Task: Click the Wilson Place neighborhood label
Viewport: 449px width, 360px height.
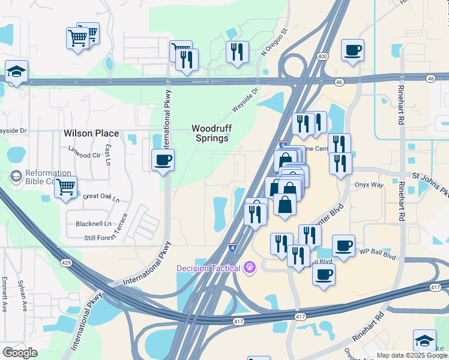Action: click(x=92, y=133)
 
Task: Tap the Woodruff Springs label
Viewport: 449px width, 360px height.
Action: click(x=210, y=133)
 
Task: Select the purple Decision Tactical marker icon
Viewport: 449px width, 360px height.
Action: click(x=250, y=268)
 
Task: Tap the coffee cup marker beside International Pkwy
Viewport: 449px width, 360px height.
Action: click(x=163, y=160)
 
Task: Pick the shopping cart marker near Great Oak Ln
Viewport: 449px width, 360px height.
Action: click(x=65, y=187)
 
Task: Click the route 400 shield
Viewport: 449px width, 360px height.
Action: click(x=323, y=56)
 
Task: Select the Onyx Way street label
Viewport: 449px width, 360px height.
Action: click(x=369, y=185)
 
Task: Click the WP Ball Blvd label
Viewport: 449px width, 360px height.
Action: click(x=378, y=255)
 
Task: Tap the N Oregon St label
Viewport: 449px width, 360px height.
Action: click(x=274, y=41)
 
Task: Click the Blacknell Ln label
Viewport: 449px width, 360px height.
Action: click(x=94, y=224)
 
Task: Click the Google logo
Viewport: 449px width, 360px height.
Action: click(x=20, y=352)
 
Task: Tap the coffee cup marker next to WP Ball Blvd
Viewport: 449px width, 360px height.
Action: click(x=343, y=246)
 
